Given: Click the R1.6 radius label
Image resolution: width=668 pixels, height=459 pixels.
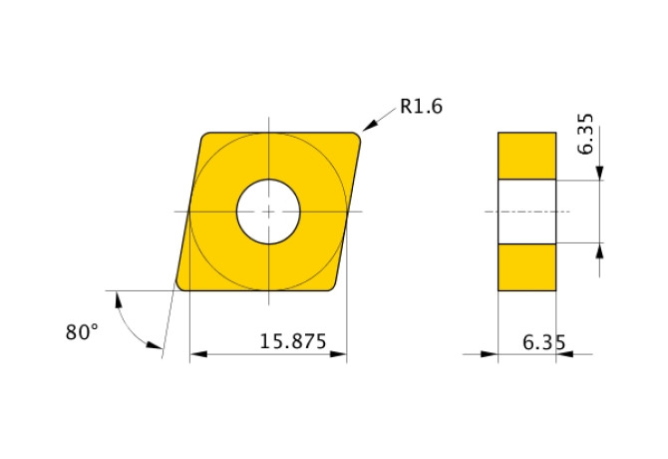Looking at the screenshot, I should [x=420, y=107].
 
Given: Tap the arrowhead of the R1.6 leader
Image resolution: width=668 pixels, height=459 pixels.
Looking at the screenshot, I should [x=366, y=127].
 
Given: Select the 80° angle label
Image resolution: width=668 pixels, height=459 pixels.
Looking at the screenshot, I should [x=83, y=332].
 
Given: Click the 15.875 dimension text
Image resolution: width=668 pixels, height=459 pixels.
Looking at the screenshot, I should [x=293, y=340].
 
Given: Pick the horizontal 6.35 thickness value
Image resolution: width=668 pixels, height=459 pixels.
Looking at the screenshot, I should [x=544, y=342].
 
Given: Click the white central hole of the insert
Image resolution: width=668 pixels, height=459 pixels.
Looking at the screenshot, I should [x=268, y=212].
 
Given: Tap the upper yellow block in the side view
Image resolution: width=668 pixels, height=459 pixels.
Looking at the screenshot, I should [x=526, y=156].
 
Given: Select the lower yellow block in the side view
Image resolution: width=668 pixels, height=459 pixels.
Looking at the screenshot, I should [x=526, y=266].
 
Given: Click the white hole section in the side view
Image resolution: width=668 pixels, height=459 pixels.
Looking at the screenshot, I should [x=526, y=212].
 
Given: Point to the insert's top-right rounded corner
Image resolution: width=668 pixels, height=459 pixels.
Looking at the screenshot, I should [x=354, y=139].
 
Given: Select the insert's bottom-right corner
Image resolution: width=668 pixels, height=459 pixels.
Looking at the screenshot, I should [x=332, y=285].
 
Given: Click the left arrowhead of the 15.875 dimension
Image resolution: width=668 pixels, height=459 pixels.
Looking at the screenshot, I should [x=195, y=353].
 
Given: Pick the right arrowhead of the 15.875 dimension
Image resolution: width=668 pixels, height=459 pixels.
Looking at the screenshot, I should [x=341, y=353].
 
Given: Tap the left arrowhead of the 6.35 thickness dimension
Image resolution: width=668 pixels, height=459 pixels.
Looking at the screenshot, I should [x=492, y=353].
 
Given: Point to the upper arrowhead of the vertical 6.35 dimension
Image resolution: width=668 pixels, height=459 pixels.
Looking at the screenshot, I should [x=600, y=175].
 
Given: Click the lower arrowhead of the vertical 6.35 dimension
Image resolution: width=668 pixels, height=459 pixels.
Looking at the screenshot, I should [x=600, y=248].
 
